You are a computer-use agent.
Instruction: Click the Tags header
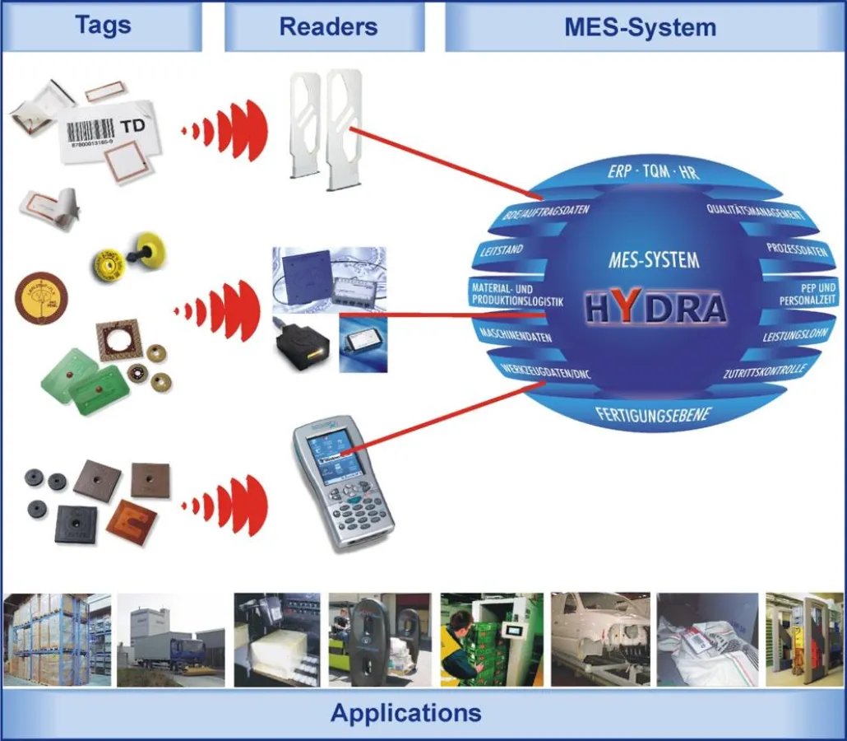click(x=103, y=25)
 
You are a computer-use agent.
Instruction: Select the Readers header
click(x=328, y=26)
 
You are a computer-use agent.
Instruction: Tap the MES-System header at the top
click(x=640, y=26)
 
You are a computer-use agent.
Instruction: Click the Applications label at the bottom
click(x=406, y=712)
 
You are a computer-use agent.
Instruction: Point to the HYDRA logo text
click(x=656, y=308)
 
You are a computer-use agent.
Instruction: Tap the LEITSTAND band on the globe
click(x=501, y=249)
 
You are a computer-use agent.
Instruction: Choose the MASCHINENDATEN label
click(x=515, y=336)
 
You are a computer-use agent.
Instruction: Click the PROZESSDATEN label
click(x=797, y=249)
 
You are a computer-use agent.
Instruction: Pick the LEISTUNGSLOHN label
click(x=793, y=337)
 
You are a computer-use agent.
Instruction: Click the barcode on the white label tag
click(x=90, y=131)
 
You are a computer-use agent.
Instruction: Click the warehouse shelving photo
click(x=45, y=640)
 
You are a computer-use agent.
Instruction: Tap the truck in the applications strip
click(x=169, y=650)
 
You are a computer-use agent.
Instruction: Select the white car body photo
click(x=600, y=640)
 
